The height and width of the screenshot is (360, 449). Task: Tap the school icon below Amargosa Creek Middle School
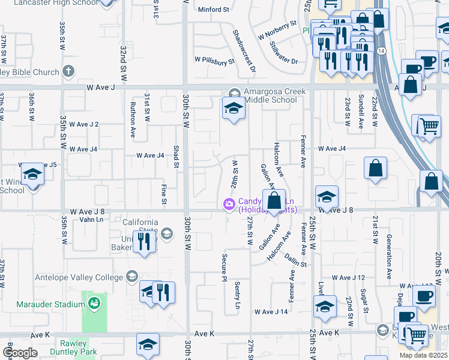233,109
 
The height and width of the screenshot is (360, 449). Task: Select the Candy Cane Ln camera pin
229,205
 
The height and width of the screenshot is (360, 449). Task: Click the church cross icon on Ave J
68,72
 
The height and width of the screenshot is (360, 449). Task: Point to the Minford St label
214,10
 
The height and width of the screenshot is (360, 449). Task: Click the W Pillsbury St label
214,61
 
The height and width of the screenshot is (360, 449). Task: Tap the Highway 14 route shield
381,52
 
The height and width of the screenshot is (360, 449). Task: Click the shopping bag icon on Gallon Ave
274,200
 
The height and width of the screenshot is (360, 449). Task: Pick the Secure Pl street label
224,266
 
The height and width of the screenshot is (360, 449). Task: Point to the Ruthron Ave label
133,121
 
